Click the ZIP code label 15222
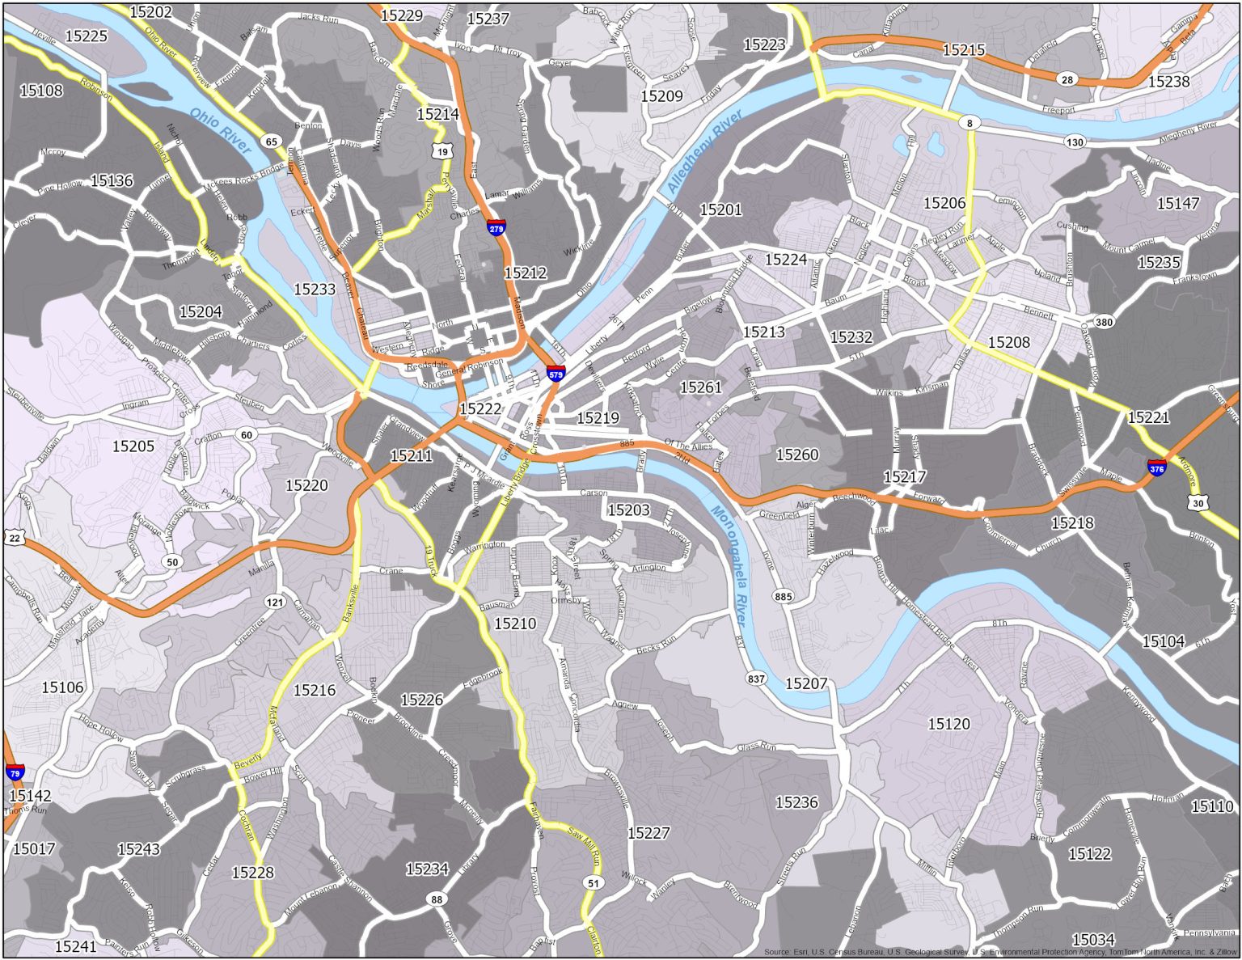click(x=480, y=409)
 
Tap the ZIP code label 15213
click(x=763, y=332)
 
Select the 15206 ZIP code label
click(x=944, y=203)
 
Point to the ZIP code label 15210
click(x=515, y=624)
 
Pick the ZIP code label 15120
click(x=948, y=724)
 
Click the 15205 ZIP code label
click(x=133, y=446)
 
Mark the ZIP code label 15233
click(x=315, y=289)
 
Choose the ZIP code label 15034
click(x=1093, y=940)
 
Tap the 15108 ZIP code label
click(x=41, y=91)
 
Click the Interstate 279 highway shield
click(x=496, y=227)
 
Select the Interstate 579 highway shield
click(x=556, y=373)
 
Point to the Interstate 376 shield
click(x=1156, y=467)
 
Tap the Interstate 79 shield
click(x=15, y=772)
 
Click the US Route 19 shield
click(x=441, y=151)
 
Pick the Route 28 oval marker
click(x=1067, y=79)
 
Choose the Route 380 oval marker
click(x=1104, y=322)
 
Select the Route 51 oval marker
click(x=594, y=882)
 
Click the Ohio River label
click(x=221, y=130)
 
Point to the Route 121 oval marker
click(x=275, y=602)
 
